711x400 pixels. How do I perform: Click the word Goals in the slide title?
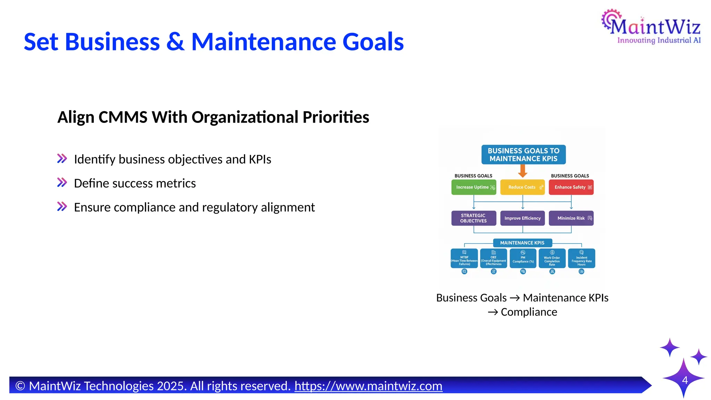click(x=373, y=42)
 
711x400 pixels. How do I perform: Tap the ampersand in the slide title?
click(x=175, y=42)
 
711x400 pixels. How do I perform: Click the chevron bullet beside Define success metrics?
click(x=62, y=182)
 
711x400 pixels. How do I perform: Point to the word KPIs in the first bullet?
click(x=260, y=159)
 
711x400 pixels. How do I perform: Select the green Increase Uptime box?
click(x=474, y=187)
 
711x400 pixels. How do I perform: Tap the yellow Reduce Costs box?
click(x=522, y=187)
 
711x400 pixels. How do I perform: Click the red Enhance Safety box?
click(x=571, y=187)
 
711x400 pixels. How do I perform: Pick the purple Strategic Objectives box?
click(x=474, y=218)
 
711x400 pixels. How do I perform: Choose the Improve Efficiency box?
click(x=522, y=218)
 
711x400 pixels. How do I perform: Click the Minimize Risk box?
click(x=571, y=218)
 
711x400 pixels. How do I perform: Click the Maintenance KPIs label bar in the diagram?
click(x=522, y=243)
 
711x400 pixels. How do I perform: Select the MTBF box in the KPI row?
click(x=464, y=258)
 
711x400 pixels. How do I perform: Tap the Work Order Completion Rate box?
click(x=552, y=258)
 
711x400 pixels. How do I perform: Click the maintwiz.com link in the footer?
click(x=368, y=386)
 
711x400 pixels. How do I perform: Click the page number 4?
click(x=685, y=380)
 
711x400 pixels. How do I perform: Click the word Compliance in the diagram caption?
click(x=529, y=312)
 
